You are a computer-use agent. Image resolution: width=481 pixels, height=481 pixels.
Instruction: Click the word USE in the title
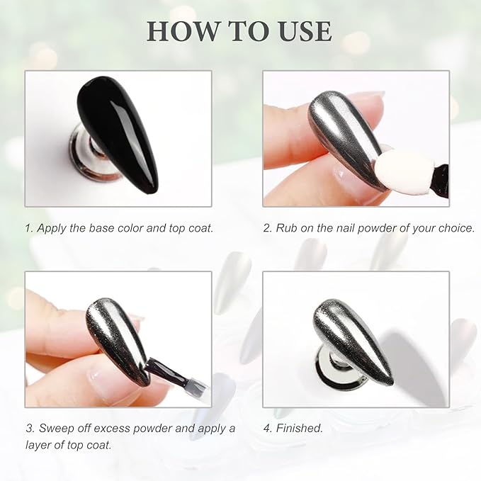pos(305,31)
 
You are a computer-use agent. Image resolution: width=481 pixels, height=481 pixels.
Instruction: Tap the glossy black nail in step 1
pos(118,135)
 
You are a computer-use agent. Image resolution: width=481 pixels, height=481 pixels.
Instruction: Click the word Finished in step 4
pos(299,429)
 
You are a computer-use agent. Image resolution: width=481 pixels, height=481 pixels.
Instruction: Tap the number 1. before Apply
pos(29,228)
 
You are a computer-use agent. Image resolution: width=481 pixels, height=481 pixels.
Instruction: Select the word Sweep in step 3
pos(57,429)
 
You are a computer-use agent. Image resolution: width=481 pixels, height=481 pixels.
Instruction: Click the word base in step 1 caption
pos(102,228)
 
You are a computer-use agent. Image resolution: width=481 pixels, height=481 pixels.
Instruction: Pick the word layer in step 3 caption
pos(38,446)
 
